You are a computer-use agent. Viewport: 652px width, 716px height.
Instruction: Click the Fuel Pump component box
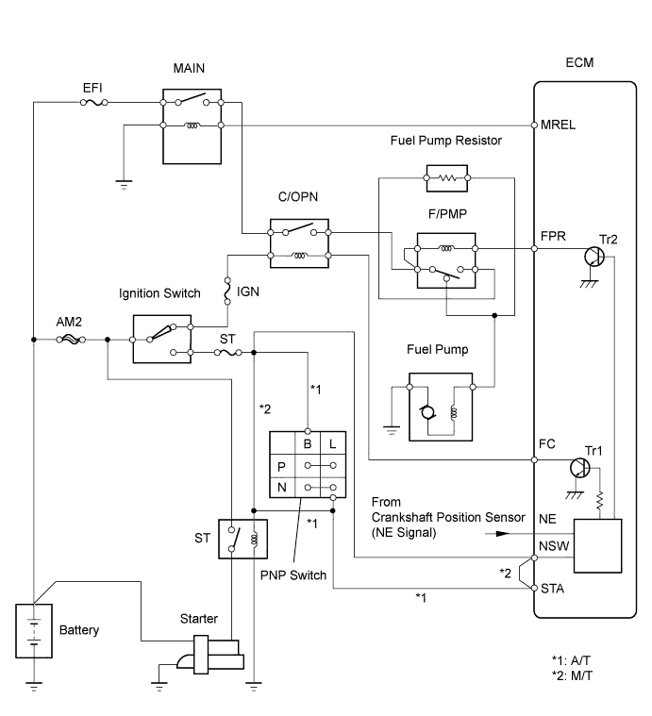click(x=438, y=407)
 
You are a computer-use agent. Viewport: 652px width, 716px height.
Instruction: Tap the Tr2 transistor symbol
click(x=594, y=257)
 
